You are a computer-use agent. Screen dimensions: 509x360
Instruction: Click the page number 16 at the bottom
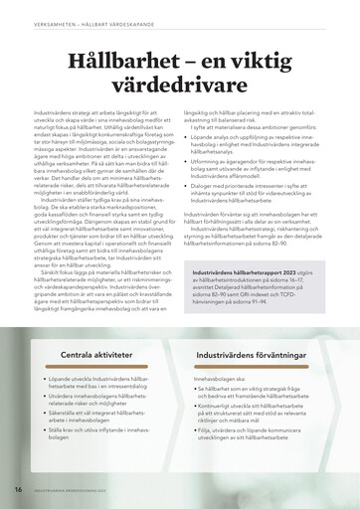click(x=18, y=490)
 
